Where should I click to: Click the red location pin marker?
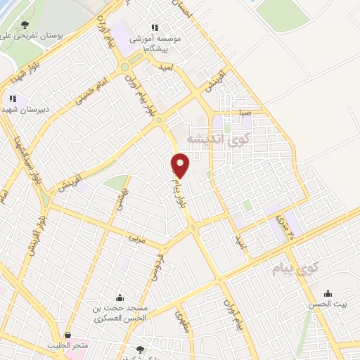(x=181, y=165)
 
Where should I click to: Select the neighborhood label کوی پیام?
(x=292, y=267)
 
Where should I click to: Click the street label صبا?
(x=245, y=110)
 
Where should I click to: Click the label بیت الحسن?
(x=328, y=305)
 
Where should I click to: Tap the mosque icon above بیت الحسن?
(x=328, y=294)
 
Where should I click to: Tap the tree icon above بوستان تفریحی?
(x=25, y=24)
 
